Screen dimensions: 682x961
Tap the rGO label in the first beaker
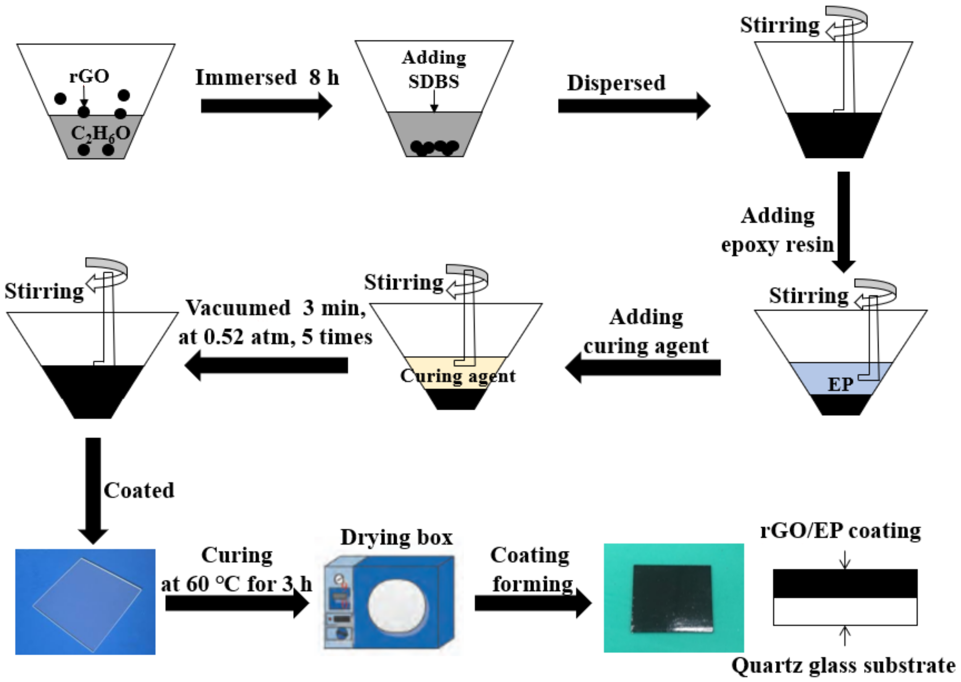(89, 76)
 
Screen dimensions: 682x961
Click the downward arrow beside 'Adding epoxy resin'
(843, 221)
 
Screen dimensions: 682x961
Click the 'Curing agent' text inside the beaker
(457, 376)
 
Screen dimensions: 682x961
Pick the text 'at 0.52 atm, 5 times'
(275, 337)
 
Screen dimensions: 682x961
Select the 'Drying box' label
(396, 537)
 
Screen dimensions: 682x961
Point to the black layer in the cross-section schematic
(845, 583)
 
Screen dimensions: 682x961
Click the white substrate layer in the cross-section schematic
(845, 611)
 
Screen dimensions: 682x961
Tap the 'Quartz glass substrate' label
(843, 666)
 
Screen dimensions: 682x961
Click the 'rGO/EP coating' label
(841, 530)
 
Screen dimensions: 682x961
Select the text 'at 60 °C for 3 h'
(236, 584)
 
